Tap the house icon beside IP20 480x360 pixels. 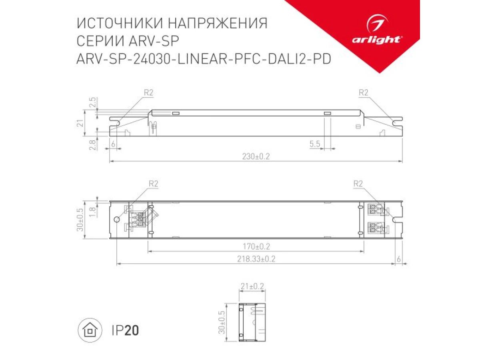[x=90, y=330]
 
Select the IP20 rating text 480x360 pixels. [x=125, y=330]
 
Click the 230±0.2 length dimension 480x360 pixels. [x=256, y=156]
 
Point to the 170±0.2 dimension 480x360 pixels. [x=256, y=246]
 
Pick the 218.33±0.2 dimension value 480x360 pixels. [x=256, y=259]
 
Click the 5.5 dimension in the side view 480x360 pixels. [x=314, y=144]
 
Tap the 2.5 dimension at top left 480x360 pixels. [x=93, y=102]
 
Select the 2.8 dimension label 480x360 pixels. [x=92, y=145]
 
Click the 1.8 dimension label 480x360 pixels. [x=92, y=212]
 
